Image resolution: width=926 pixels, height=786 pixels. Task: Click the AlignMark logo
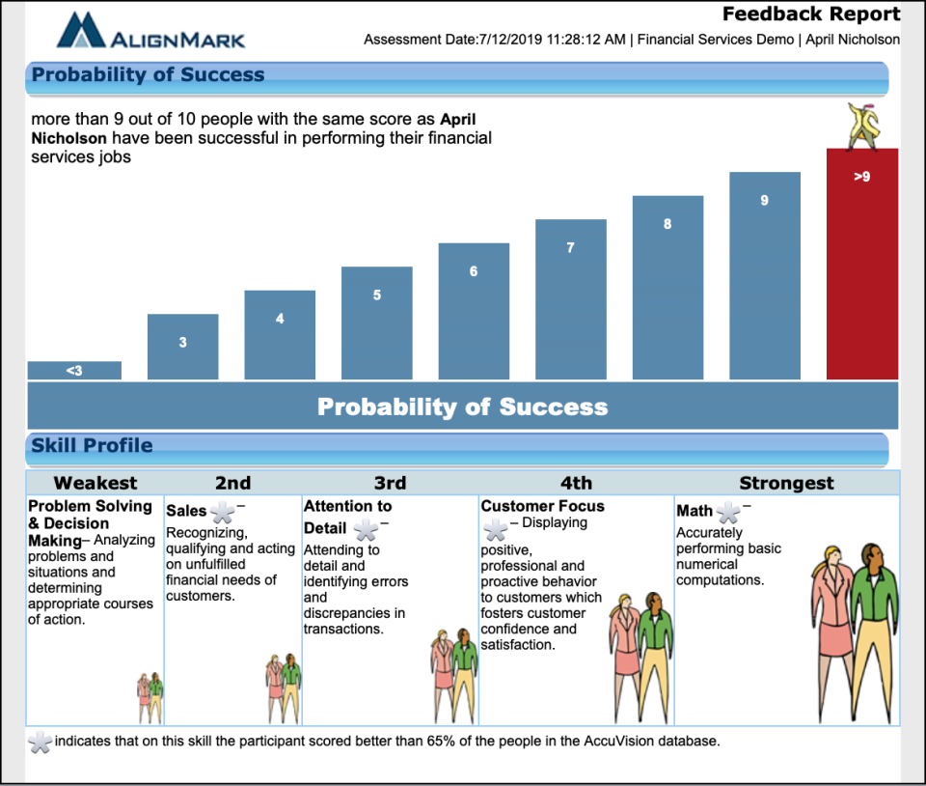tap(150, 31)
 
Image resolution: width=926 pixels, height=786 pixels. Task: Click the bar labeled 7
tap(570, 299)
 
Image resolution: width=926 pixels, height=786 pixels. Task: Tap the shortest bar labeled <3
tap(74, 370)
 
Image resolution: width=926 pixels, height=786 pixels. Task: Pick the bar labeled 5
tap(376, 323)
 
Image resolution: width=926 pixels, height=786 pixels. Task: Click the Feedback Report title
tap(811, 14)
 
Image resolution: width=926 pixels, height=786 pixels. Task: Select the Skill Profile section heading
tap(92, 446)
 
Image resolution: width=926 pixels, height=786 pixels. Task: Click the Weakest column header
tap(95, 483)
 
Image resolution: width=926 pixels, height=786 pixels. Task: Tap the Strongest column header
tap(786, 483)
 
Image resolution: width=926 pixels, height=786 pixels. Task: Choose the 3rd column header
tap(390, 483)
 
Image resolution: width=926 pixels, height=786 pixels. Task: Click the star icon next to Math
tap(729, 513)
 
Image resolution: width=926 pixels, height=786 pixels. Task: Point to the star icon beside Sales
tap(223, 513)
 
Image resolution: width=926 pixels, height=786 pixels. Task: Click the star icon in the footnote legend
tap(40, 742)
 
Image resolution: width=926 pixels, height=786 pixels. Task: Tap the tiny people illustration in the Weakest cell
tap(150, 691)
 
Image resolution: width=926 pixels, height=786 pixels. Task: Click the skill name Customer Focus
tap(543, 506)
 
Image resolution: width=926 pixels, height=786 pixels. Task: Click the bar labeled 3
tap(182, 347)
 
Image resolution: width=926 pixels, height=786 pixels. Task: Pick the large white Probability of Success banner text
tap(463, 407)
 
